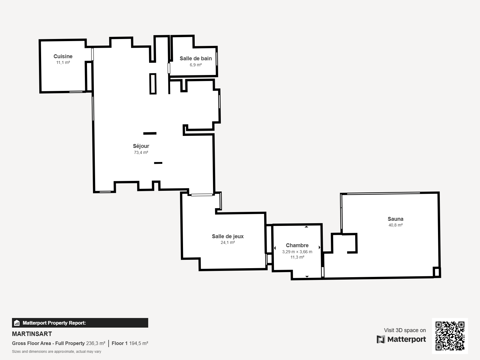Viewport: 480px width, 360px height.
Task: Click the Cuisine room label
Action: point(63,56)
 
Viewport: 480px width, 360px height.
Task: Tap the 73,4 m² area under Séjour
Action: point(141,152)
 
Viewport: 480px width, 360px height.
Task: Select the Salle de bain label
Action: point(196,58)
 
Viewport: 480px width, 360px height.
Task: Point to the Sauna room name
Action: point(395,219)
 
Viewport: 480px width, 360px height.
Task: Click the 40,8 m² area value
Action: point(395,225)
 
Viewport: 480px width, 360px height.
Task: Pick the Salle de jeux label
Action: point(228,236)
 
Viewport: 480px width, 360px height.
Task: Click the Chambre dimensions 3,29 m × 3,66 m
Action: point(297,252)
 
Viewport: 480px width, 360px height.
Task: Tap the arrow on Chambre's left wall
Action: point(275,248)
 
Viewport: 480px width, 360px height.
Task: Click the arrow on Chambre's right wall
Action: point(319,247)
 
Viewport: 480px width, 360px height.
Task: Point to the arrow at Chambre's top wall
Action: point(306,227)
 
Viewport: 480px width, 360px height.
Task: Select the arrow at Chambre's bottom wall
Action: point(307,276)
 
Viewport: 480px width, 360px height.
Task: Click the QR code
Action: point(450,336)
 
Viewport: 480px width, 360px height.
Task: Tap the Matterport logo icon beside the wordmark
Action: point(381,339)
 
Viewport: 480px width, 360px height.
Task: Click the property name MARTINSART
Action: point(32,334)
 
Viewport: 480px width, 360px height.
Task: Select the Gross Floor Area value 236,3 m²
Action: point(96,343)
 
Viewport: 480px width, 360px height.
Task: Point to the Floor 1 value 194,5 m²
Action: point(138,343)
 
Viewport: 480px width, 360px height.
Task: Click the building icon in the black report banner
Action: point(17,323)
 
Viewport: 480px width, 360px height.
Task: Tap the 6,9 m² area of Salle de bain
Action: point(196,65)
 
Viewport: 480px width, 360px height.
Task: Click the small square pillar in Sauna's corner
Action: point(437,272)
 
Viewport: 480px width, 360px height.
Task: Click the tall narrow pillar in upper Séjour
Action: point(153,84)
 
